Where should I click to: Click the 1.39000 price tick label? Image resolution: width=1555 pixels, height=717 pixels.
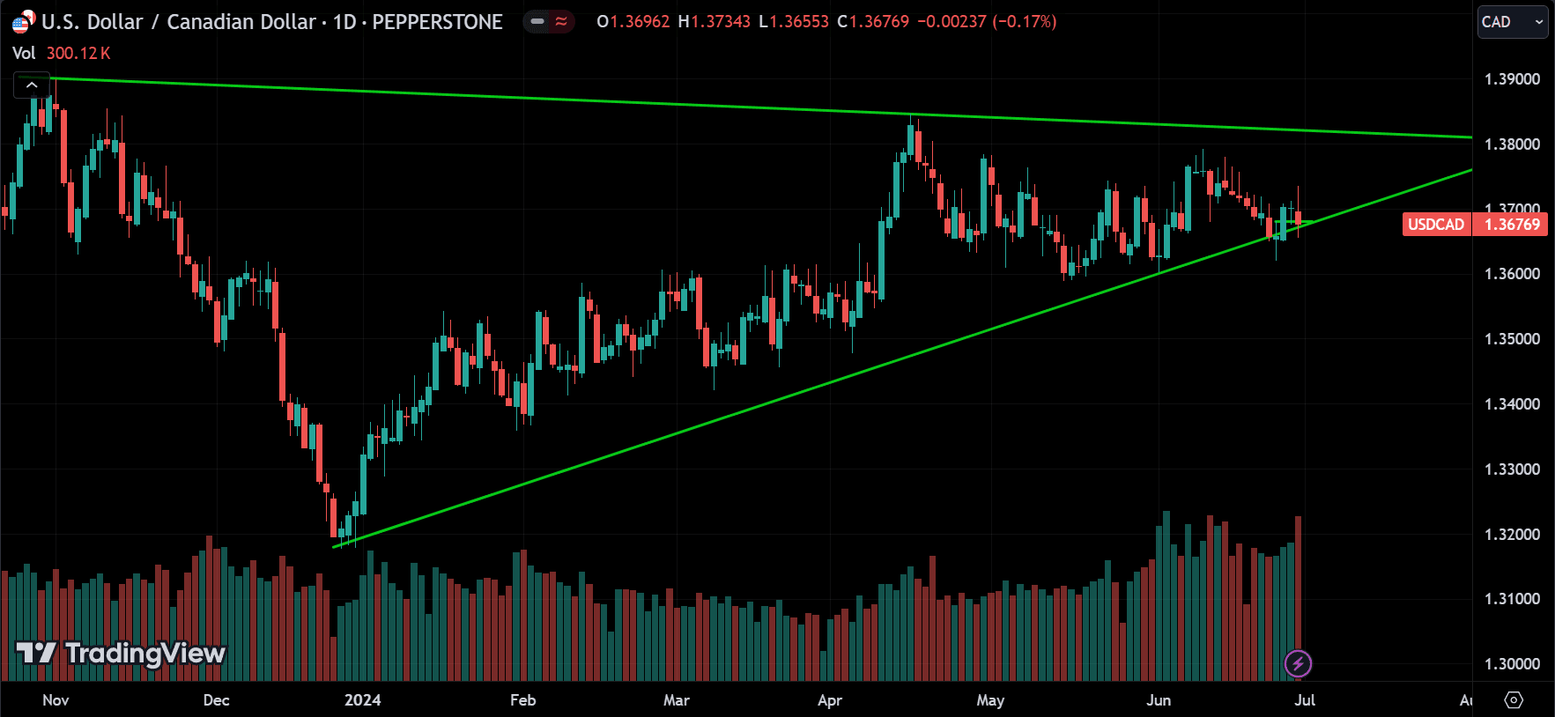point(1512,79)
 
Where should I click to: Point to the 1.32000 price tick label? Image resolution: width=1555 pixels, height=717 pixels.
point(1512,535)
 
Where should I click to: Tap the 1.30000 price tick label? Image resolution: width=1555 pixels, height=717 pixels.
point(1512,664)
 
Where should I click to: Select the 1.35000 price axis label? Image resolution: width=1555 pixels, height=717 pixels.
point(1512,339)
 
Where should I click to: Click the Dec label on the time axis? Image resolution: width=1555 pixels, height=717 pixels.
point(216,700)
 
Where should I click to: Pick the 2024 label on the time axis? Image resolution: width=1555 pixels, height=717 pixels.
point(362,700)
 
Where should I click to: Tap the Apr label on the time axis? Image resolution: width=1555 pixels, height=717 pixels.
point(829,700)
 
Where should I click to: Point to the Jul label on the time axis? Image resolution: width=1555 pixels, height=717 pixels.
point(1305,700)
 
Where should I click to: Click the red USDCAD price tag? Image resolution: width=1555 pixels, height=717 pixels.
point(1435,225)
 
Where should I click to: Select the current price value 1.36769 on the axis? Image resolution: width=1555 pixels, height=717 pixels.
point(1512,225)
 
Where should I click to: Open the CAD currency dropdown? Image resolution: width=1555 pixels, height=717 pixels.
point(1512,22)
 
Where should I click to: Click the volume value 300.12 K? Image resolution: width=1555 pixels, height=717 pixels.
point(78,54)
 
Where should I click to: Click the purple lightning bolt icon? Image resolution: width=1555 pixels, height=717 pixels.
point(1298,663)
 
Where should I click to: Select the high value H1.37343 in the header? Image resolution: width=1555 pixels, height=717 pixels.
point(714,22)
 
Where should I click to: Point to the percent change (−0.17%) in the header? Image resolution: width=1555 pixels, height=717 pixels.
point(1024,22)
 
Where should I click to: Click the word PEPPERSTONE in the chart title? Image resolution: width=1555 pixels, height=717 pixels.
point(437,22)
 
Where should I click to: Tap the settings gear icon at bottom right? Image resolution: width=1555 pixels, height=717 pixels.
point(1514,700)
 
